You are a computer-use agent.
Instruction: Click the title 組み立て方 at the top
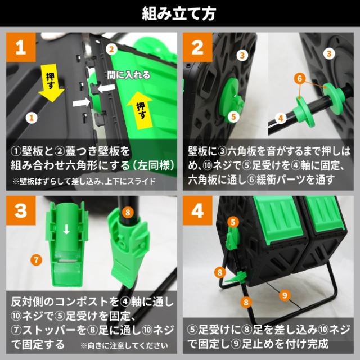[179, 13]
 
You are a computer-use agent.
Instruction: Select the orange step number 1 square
[21, 47]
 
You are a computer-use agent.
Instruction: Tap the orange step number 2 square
[197, 47]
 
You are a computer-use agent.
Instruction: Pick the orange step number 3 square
[21, 210]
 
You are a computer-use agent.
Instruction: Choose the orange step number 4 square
[197, 210]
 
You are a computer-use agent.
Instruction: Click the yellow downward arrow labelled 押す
[51, 83]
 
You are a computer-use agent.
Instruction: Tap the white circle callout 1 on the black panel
[31, 118]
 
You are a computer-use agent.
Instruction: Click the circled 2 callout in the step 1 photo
[111, 49]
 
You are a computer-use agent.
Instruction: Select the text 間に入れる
[129, 75]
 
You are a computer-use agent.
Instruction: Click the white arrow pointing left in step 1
[106, 88]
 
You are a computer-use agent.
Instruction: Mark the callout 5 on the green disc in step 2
[233, 116]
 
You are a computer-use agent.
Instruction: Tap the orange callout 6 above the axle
[300, 79]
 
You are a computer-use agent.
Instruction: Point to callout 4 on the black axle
[281, 118]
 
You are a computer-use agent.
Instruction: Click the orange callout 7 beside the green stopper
[36, 260]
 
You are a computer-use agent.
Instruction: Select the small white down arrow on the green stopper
[66, 229]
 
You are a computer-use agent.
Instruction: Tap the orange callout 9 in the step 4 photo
[285, 295]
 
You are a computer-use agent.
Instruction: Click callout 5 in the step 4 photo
[233, 222]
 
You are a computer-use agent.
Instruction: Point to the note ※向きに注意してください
[124, 345]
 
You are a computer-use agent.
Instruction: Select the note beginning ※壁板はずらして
[84, 181]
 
